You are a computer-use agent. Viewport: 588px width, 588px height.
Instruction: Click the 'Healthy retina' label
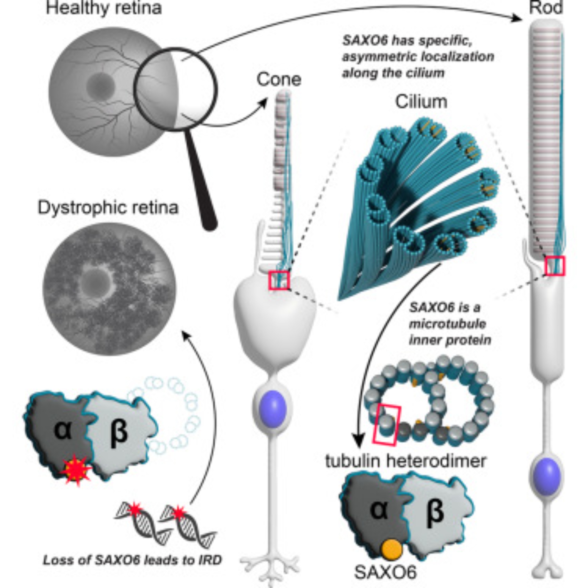[104, 8]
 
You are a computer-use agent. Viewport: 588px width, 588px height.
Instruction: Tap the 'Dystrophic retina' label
[108, 208]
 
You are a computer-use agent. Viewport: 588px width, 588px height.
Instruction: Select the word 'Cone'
[279, 79]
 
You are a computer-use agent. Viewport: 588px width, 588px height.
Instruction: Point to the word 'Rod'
[546, 7]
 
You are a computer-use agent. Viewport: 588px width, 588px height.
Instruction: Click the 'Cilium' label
[421, 102]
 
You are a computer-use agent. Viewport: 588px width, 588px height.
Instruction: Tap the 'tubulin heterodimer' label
[405, 461]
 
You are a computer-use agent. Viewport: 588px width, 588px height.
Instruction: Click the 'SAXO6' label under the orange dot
[385, 572]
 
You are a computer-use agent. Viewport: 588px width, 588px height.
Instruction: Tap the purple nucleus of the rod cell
[547, 477]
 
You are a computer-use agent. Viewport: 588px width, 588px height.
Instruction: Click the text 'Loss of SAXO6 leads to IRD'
[132, 560]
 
